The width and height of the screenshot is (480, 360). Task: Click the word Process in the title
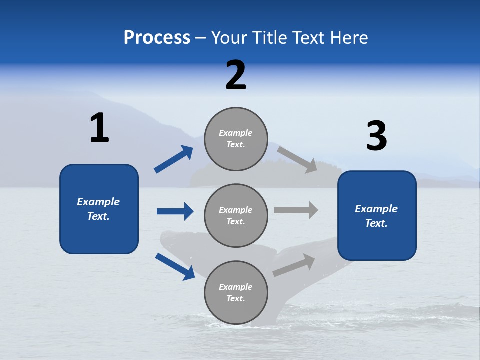[x=157, y=37]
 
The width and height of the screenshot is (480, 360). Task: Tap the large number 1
[x=99, y=128]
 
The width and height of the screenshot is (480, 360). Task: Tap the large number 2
[x=236, y=75]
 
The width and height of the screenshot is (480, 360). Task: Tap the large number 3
[x=376, y=136]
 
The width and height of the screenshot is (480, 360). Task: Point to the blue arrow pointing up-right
[x=174, y=159]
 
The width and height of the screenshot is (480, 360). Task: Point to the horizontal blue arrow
[x=175, y=211]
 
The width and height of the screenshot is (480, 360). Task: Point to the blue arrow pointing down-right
[x=175, y=266]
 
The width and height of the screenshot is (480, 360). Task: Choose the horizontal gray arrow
[x=296, y=210]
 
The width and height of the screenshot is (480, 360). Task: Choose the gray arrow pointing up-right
[x=294, y=265]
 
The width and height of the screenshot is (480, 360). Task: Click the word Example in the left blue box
[x=98, y=202]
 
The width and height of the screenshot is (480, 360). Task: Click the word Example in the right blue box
[x=376, y=209]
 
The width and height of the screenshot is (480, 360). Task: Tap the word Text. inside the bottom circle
[x=236, y=298]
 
